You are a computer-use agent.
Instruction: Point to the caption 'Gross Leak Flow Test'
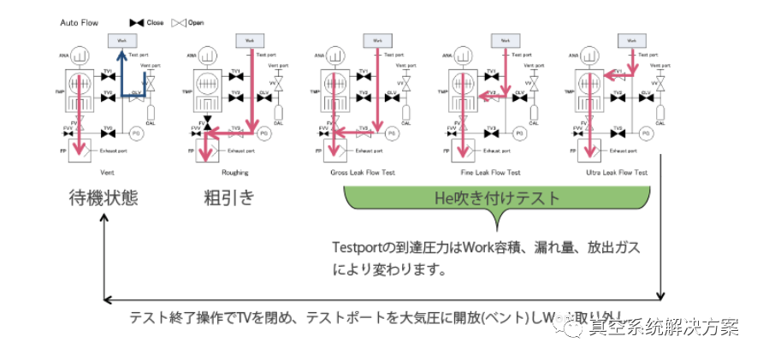(366, 172)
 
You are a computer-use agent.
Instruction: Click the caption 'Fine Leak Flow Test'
(491, 172)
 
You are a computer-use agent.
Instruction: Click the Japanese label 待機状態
(103, 198)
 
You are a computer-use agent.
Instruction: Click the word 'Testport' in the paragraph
(360, 247)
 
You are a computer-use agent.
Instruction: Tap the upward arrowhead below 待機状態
(104, 220)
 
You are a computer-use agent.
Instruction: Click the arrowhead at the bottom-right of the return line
(662, 296)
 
